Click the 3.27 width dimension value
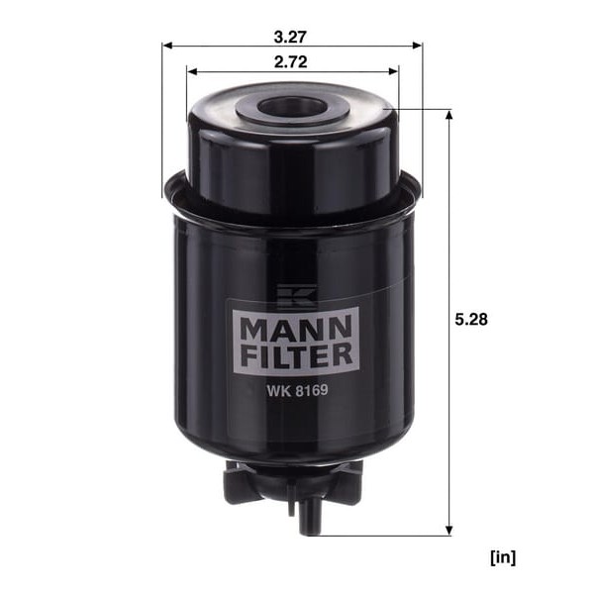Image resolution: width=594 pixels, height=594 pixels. pos(290,38)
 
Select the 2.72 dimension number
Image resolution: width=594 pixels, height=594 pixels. pos(290,62)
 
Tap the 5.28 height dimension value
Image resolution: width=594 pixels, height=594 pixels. pos(471,320)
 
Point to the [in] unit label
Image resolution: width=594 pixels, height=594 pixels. pos(503,557)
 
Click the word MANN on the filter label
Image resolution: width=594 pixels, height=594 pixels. pos(296,329)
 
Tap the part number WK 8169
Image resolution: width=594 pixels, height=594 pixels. pos(297,390)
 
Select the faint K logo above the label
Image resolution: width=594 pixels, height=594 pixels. pos(296,296)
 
